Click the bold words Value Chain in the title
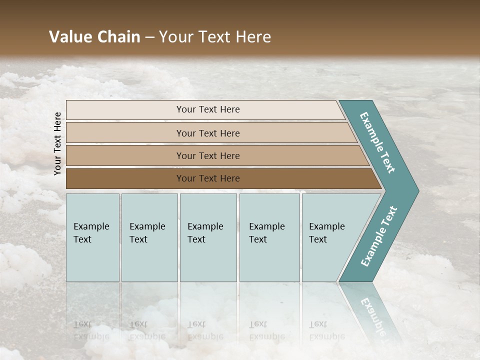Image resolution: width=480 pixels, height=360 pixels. pos(94,37)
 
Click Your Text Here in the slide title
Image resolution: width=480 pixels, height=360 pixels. pos(214,37)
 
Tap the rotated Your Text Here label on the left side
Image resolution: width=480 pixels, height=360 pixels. pos(57,143)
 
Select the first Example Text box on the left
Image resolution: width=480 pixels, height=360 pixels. pos(92,237)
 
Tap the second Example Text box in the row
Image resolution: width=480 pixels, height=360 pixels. pos(149,237)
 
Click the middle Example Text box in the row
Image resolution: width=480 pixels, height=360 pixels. pos(208,237)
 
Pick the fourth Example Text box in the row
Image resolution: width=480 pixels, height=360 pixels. pos(269,237)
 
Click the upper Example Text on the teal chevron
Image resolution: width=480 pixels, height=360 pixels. pos(378,142)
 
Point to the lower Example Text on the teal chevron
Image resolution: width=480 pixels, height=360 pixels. pos(379,236)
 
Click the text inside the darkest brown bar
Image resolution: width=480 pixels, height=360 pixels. pos(208,178)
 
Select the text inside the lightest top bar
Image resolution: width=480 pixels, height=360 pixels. pos(208,109)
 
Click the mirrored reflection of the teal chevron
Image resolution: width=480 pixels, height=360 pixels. pos(370,310)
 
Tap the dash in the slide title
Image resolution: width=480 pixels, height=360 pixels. pos(149,37)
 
